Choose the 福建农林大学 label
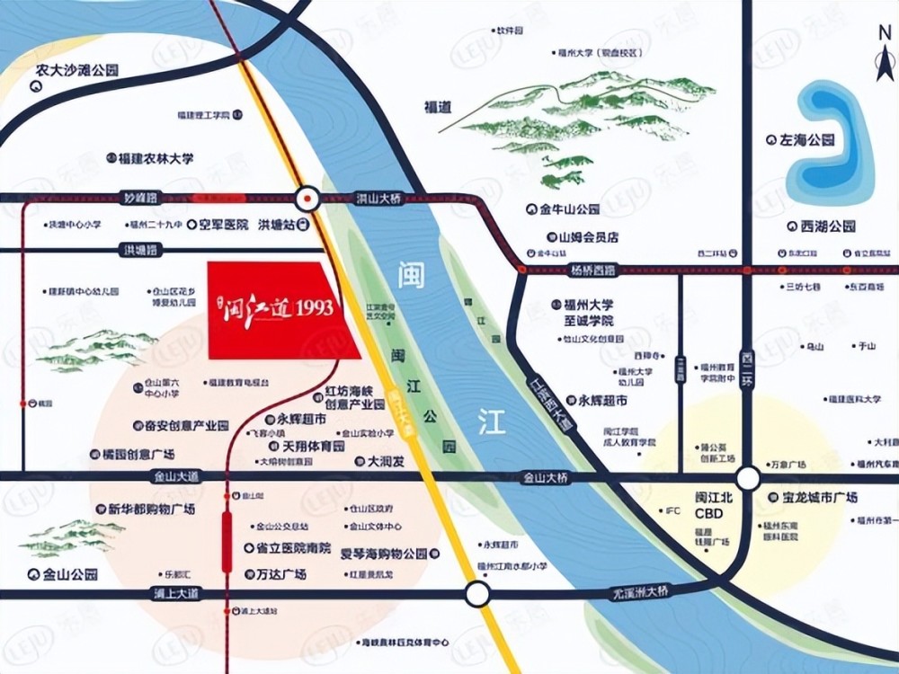pyautogui.click(x=150, y=158)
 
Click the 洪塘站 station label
pyautogui.click(x=282, y=225)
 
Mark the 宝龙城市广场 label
pyautogui.click(x=813, y=497)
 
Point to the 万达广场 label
pyautogui.click(x=274, y=573)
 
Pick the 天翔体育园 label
pyautogui.click(x=307, y=446)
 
